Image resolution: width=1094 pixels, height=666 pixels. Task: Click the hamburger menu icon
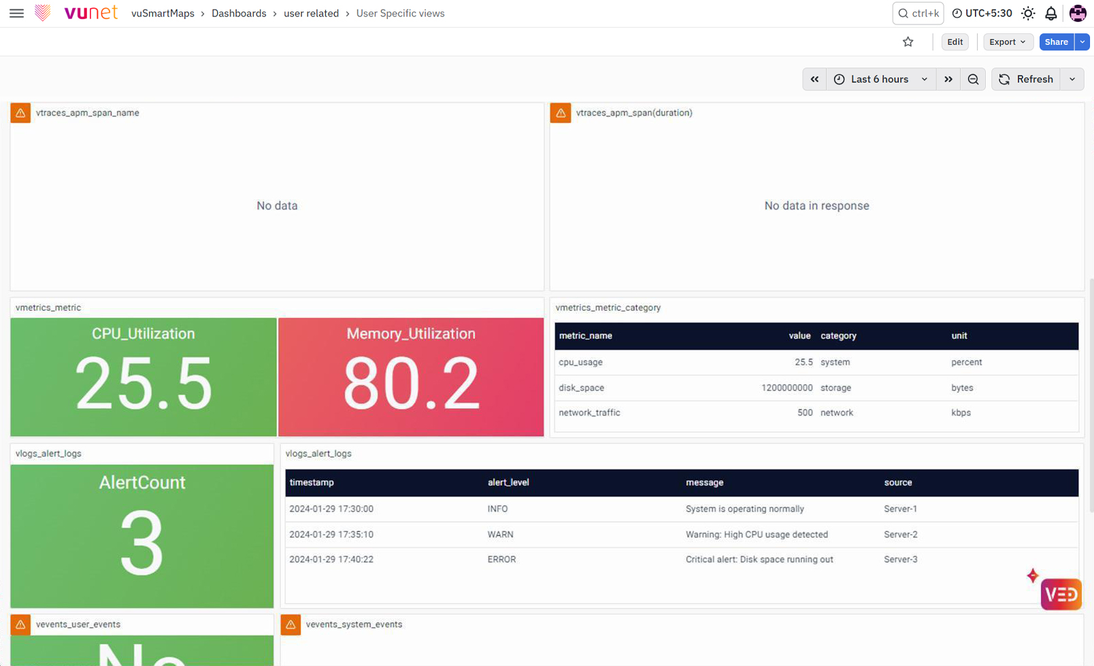coord(16,13)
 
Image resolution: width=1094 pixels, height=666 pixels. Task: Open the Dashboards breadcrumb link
coord(239,13)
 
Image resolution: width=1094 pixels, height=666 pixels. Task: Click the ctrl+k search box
coord(918,13)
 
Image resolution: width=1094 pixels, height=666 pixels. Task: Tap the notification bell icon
coord(1050,13)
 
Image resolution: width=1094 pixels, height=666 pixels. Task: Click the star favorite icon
coord(908,42)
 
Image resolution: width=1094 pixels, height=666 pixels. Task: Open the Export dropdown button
coord(1008,42)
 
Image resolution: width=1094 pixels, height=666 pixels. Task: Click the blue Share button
coord(1056,42)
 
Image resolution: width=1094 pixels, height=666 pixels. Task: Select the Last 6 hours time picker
coord(880,79)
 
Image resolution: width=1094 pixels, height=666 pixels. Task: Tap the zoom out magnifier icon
coord(973,79)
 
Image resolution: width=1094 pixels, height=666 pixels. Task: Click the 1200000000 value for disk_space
coord(786,388)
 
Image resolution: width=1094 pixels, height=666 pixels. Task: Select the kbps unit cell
coord(961,412)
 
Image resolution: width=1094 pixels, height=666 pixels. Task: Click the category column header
coord(838,335)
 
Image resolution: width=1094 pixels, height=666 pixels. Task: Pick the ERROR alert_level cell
coord(501,559)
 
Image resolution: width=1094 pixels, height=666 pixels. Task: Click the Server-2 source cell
coord(901,534)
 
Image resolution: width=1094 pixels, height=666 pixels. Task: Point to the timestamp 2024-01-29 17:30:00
coord(331,509)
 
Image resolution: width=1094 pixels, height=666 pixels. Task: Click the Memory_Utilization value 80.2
coord(411,383)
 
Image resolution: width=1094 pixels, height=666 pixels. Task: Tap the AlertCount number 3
coord(142,542)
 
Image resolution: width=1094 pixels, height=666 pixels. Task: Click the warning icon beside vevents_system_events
coord(291,625)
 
